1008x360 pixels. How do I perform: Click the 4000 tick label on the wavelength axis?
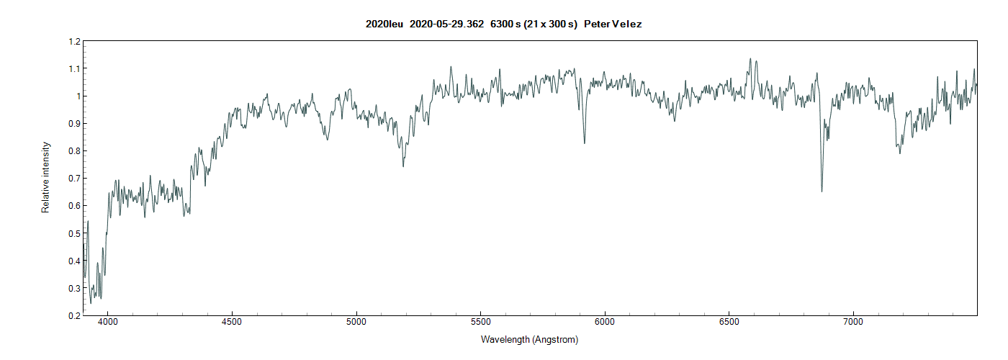(x=108, y=323)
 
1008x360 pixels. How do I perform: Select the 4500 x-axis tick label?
(x=232, y=323)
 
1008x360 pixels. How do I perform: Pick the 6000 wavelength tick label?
(x=605, y=323)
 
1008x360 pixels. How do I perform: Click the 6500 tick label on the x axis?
(x=729, y=323)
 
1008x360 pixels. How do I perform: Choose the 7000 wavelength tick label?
(x=853, y=323)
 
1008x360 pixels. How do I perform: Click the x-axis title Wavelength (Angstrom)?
(x=529, y=339)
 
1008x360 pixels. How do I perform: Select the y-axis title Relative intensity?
(x=46, y=177)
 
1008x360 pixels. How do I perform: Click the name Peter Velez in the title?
(x=613, y=24)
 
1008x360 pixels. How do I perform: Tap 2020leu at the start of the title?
(x=384, y=24)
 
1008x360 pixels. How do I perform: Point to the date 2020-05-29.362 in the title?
(x=446, y=24)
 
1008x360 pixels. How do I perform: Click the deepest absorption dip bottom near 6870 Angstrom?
(x=822, y=191)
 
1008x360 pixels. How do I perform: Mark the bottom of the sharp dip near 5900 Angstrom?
(x=584, y=143)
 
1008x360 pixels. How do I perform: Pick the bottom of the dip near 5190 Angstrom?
(x=403, y=166)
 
